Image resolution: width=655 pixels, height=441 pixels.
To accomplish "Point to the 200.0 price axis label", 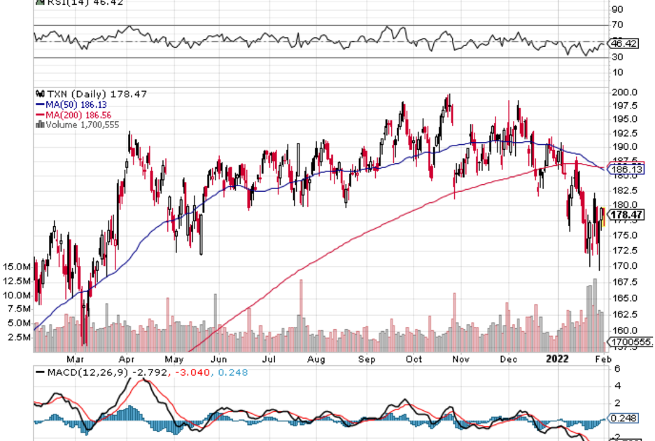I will click(624, 92).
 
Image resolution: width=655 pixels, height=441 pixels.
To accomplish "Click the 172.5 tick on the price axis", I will click(624, 250).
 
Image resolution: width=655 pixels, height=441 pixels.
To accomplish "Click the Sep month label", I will click(366, 360).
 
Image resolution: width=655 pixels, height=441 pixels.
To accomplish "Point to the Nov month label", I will click(461, 360).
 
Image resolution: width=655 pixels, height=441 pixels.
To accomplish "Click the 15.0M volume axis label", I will click(16, 267).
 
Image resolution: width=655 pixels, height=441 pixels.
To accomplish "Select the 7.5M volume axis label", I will click(18, 309).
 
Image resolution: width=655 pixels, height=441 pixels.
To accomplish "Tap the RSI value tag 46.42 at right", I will click(625, 43).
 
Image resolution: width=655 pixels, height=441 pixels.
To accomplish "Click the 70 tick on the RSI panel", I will click(617, 26).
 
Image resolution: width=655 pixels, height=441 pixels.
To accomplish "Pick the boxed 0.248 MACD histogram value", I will click(624, 418).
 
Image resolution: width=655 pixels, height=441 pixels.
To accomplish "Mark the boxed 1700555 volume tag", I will click(631, 342).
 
